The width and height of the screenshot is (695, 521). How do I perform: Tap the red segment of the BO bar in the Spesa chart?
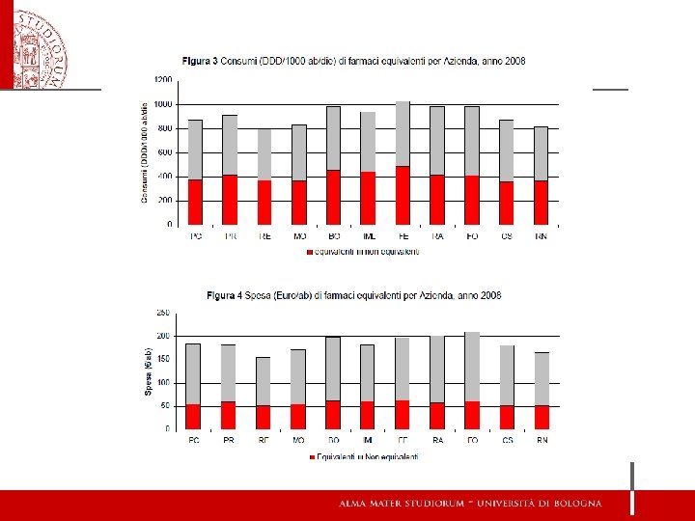tap(333, 414)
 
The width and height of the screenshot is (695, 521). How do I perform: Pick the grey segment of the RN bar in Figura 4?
tap(542, 378)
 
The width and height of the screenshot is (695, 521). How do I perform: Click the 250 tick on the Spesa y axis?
tap(163, 314)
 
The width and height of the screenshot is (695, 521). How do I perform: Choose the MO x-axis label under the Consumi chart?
tap(299, 235)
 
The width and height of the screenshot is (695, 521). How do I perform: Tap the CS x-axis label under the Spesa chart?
tap(507, 440)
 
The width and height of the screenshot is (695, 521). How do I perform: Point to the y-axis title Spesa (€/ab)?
tap(150, 371)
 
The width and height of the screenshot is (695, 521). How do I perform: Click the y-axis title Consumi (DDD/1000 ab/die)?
tap(145, 152)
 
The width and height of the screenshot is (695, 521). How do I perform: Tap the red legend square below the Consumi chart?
tap(309, 252)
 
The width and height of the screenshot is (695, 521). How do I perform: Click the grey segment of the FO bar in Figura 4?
tap(472, 367)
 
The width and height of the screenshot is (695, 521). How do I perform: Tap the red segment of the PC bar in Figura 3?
tap(195, 202)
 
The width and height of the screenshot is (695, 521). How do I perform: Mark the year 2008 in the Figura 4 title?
tap(488, 294)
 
